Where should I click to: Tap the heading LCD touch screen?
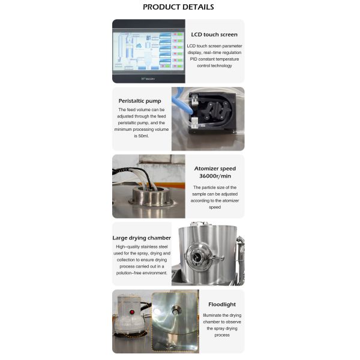point(214,34)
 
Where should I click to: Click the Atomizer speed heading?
point(214,169)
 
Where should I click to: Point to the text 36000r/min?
point(214,177)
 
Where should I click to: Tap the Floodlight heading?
point(222,304)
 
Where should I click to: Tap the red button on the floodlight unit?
point(129,313)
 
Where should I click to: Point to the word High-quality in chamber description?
point(126,247)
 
